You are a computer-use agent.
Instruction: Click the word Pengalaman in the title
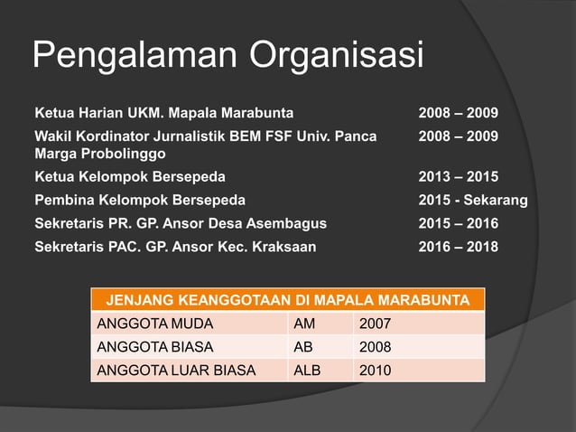133,57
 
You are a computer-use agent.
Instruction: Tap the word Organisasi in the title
336,57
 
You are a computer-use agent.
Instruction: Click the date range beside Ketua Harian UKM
458,114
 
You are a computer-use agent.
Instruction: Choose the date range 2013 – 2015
458,176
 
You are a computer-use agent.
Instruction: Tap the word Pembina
64,200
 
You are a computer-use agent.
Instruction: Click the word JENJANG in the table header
138,299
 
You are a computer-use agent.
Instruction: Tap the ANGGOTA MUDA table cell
143,323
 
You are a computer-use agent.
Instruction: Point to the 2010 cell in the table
376,370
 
